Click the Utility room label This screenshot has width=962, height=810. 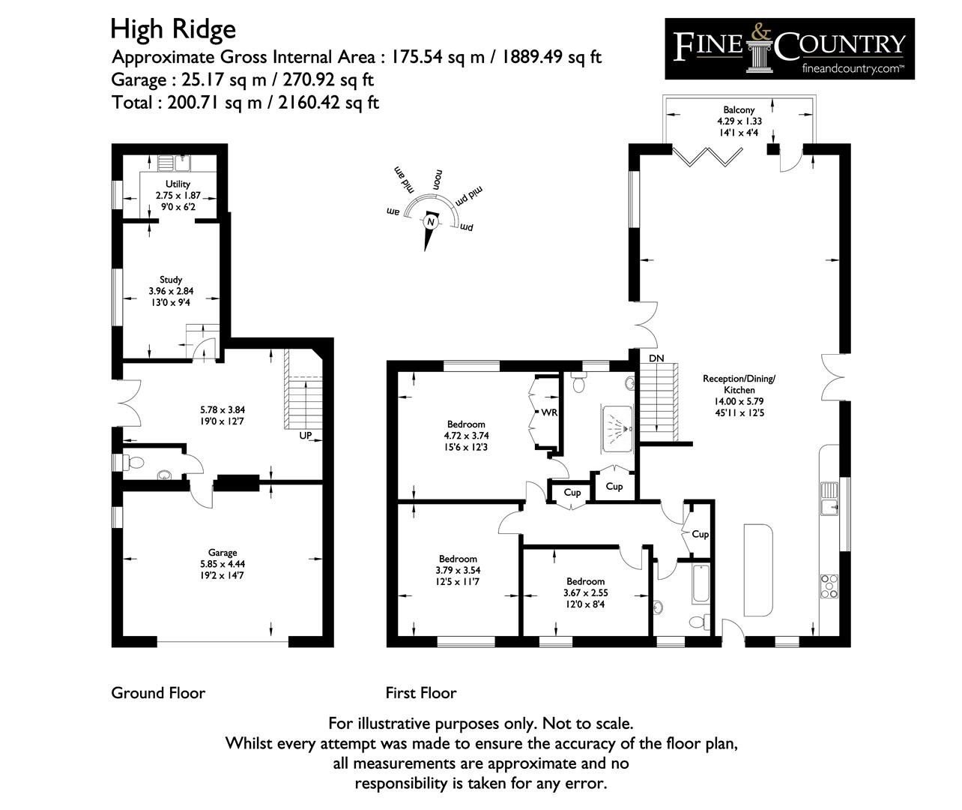click(178, 184)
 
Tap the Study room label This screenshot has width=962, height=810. click(171, 280)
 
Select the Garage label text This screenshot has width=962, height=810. click(223, 553)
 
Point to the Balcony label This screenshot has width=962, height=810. click(739, 109)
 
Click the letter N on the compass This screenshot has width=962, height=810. click(431, 222)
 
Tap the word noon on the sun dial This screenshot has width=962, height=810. click(438, 180)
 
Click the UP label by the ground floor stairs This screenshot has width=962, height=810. click(306, 436)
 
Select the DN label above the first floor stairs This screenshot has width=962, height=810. click(656, 358)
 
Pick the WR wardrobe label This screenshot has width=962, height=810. click(549, 412)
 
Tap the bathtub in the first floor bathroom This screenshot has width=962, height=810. click(701, 583)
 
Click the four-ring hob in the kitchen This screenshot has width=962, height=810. click(829, 586)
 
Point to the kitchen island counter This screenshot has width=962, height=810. click(758, 570)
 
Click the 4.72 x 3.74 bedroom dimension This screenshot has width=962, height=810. click(466, 436)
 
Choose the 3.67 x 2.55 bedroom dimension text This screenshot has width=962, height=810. click(585, 592)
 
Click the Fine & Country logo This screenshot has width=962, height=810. click(790, 49)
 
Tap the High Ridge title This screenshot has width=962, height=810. click(173, 29)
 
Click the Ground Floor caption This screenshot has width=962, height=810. click(158, 693)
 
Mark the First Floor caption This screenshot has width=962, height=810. click(421, 693)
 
